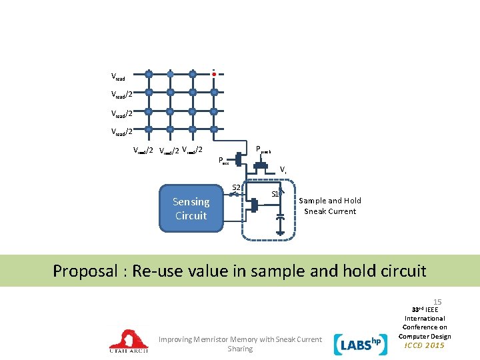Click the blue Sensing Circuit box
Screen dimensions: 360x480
pos(191,209)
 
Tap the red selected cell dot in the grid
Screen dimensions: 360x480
pos(213,75)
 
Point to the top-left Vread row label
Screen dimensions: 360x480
pos(118,78)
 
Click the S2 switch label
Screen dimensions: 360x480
pos(235,187)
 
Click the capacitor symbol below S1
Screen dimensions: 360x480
pos(281,218)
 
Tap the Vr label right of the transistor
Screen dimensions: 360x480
pos(283,170)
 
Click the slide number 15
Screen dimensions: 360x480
pos(437,302)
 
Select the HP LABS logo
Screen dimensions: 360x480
pos(361,343)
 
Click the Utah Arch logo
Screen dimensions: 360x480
pos(129,341)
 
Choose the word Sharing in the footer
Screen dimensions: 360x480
pos(240,349)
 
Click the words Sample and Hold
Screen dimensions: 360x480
pos(330,201)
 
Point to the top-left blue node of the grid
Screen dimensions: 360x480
pos(149,73)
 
